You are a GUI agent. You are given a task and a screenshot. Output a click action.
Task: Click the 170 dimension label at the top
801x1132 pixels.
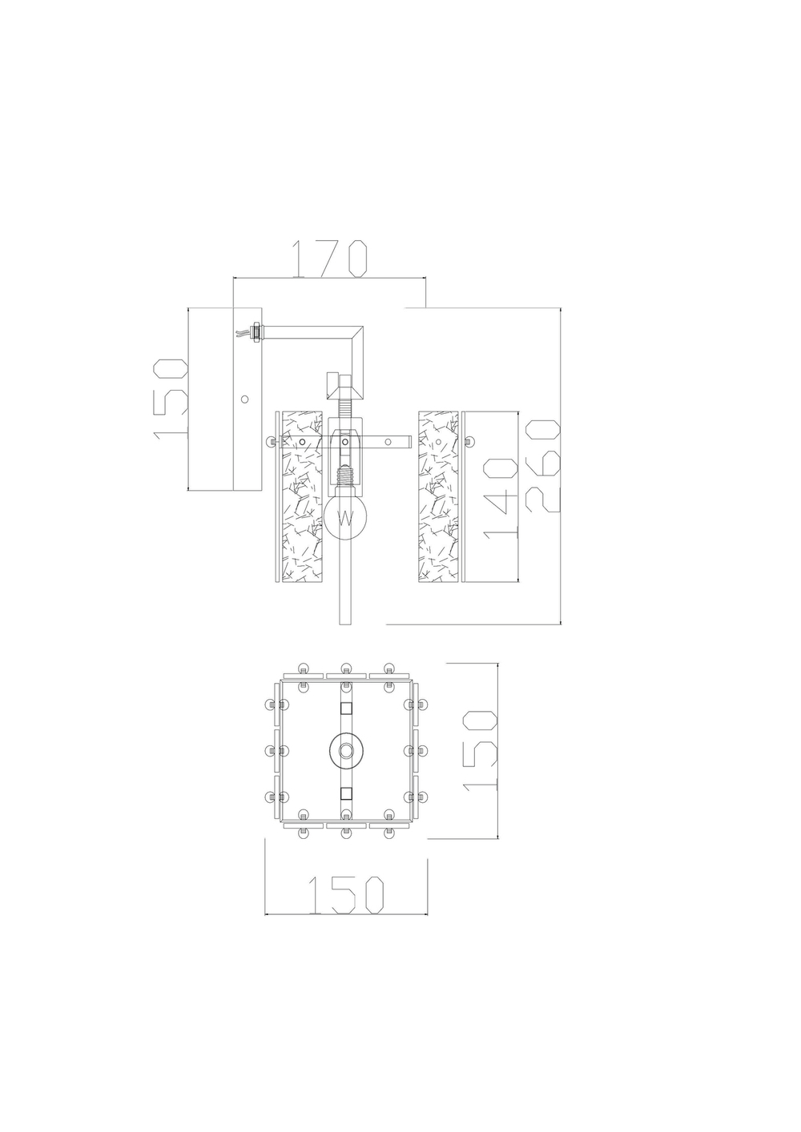click(x=328, y=258)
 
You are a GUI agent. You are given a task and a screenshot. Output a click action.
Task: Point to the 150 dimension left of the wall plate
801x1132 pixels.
click(x=170, y=398)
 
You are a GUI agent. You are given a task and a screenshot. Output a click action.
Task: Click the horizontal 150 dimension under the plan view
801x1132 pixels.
click(x=346, y=894)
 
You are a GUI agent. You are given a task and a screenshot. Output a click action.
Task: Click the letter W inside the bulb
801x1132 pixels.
click(x=345, y=518)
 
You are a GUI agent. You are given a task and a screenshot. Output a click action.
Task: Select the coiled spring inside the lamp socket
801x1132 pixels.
click(x=345, y=484)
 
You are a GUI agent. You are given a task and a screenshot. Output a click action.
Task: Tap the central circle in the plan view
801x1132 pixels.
click(x=346, y=751)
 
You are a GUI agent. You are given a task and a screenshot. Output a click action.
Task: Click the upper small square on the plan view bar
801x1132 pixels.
click(x=346, y=709)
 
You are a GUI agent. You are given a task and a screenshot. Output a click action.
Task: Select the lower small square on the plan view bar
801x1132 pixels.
click(x=346, y=793)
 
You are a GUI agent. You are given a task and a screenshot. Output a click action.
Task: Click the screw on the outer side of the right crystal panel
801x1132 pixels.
click(x=467, y=441)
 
